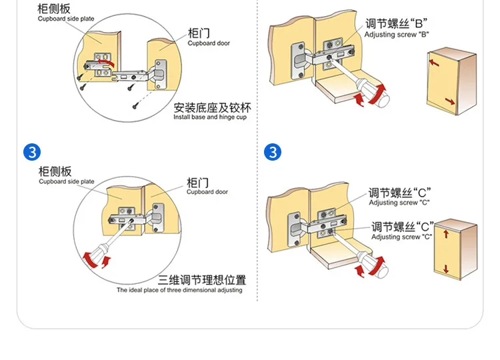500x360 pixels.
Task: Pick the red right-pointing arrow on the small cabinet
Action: [x=451, y=102]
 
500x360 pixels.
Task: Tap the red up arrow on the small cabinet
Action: [x=445, y=235]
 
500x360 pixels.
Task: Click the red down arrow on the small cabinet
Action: [x=445, y=268]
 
